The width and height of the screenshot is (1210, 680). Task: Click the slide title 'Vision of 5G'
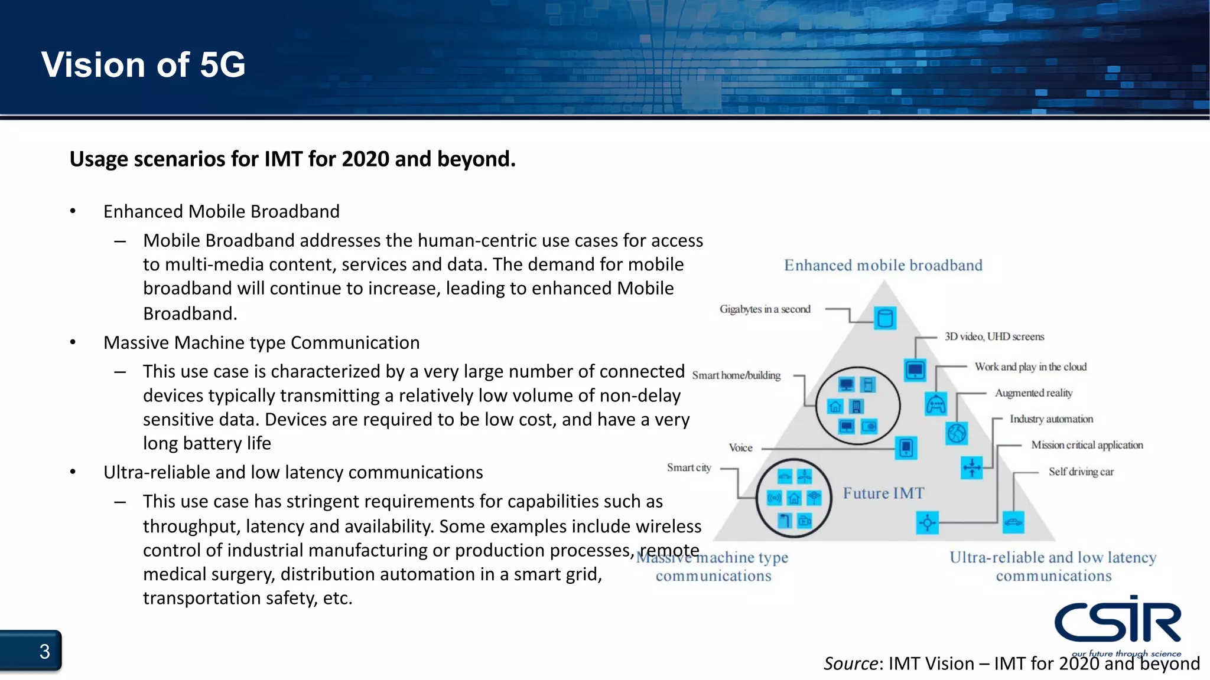coord(143,64)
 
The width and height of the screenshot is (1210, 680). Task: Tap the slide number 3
coord(44,652)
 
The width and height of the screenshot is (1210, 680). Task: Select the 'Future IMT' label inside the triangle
coord(883,493)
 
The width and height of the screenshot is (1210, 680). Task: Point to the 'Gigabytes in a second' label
coord(765,309)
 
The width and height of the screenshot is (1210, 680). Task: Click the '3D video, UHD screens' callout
coord(994,337)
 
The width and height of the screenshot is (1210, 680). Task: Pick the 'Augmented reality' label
coord(1033,393)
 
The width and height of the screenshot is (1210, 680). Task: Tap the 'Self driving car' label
coord(1081,472)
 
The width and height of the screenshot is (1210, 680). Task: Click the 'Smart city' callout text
coord(689,467)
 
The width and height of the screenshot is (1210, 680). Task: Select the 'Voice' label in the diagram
coord(740,448)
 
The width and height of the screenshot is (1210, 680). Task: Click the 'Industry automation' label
coord(1051,419)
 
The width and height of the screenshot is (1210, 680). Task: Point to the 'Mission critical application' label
coord(1087,445)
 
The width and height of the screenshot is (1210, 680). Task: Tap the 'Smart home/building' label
coord(736,375)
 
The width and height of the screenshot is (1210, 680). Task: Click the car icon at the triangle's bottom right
coord(1013,522)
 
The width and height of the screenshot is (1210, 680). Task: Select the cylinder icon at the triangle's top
coord(884,318)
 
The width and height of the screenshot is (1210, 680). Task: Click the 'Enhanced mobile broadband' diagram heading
coord(883,266)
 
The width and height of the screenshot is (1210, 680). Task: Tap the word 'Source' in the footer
coord(851,664)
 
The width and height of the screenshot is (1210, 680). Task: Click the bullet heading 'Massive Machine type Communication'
coord(261,343)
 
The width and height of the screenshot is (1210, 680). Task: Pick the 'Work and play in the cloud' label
coord(1030,367)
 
